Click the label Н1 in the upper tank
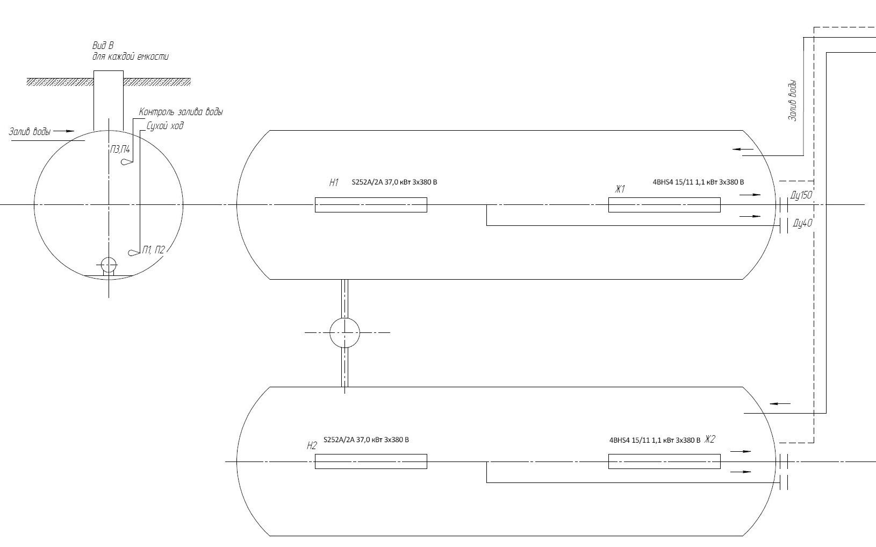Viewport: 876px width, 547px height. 334,183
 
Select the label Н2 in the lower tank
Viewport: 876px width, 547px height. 312,445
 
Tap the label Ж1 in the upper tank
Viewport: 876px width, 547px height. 620,189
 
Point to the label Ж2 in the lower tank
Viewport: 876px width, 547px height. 710,439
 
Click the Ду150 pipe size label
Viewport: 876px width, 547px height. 801,195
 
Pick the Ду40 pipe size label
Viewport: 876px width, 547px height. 802,223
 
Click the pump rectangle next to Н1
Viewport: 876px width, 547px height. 371,205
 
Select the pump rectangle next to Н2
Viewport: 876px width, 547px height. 371,461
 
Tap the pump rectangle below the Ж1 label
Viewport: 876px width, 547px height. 664,205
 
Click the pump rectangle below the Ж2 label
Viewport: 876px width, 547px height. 664,461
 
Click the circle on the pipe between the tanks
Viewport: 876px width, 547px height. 344,332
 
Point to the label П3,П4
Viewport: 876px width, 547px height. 119,150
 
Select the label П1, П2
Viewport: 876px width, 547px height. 154,250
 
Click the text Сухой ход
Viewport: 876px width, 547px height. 165,126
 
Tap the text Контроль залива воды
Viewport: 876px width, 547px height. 181,112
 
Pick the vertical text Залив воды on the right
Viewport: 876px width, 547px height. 792,101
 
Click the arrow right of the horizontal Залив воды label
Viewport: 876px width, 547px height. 64,131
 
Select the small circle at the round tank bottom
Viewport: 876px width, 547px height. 109,265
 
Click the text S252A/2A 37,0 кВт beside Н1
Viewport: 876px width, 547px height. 394,182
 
